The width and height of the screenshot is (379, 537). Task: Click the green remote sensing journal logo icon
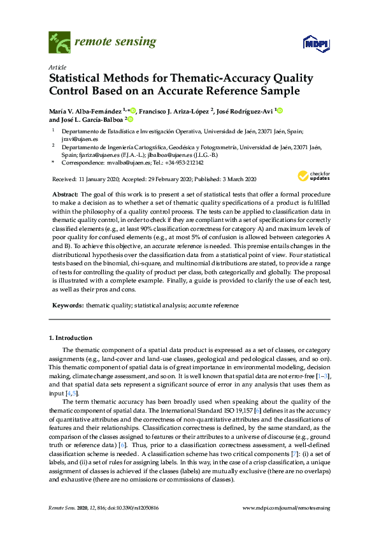pos(59,43)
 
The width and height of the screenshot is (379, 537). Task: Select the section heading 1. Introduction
pos(71,337)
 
